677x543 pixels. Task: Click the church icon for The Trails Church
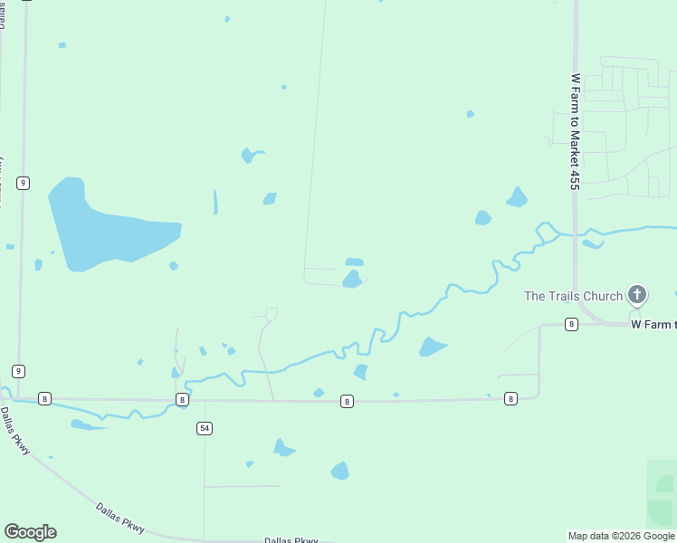click(x=637, y=294)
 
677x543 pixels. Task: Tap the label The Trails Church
click(x=573, y=296)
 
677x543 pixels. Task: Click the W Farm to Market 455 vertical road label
click(x=575, y=132)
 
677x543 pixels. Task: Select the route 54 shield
click(x=205, y=428)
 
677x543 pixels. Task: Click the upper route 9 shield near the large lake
click(x=23, y=183)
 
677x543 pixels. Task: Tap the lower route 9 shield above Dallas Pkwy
click(x=18, y=371)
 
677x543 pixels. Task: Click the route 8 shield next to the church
click(x=571, y=324)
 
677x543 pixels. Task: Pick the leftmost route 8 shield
click(x=44, y=398)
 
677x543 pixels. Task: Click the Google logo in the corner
click(x=30, y=532)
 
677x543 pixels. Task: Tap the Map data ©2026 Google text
click(x=621, y=536)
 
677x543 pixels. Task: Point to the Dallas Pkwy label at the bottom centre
click(x=291, y=540)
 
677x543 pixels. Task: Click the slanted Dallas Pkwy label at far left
click(x=15, y=431)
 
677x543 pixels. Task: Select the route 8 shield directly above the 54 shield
click(x=183, y=399)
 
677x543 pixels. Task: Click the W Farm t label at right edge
click(x=653, y=323)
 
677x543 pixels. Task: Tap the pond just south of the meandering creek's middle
click(x=432, y=347)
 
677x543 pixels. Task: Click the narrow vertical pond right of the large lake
click(x=215, y=202)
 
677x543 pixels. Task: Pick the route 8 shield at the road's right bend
click(x=510, y=398)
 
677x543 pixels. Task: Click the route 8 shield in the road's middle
click(x=347, y=400)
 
